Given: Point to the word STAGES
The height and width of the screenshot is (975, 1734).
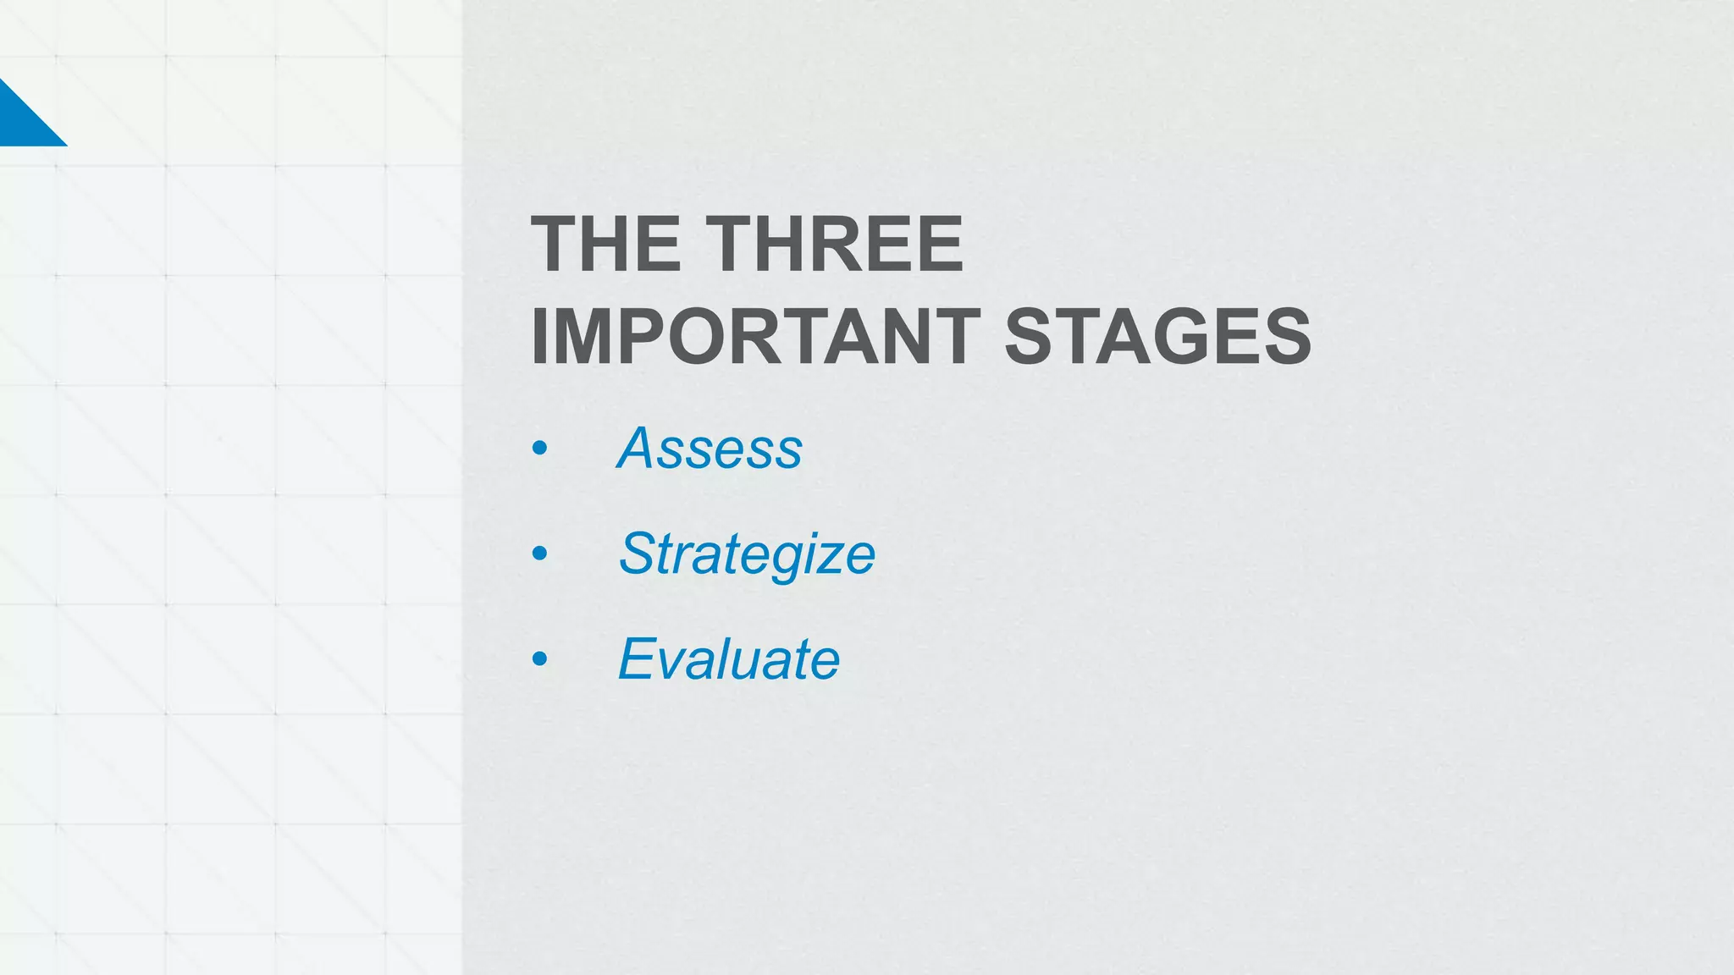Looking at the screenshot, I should pos(1157,337).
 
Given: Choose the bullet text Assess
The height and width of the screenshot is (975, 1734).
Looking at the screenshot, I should pos(710,448).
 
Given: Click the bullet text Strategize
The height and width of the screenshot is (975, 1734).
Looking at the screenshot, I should pos(747,554).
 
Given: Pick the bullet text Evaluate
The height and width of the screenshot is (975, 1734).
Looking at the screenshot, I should pos(728,659).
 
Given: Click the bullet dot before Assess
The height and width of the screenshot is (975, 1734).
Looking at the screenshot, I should pos(539,449).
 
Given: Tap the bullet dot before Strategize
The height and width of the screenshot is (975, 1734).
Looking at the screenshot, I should pos(539,554).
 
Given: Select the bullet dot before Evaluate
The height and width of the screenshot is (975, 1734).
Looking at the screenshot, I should pos(539,659).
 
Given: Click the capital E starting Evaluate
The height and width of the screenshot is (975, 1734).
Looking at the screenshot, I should pos(638,658).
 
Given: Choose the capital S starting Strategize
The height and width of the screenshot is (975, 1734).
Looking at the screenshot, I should pos(639,554).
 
